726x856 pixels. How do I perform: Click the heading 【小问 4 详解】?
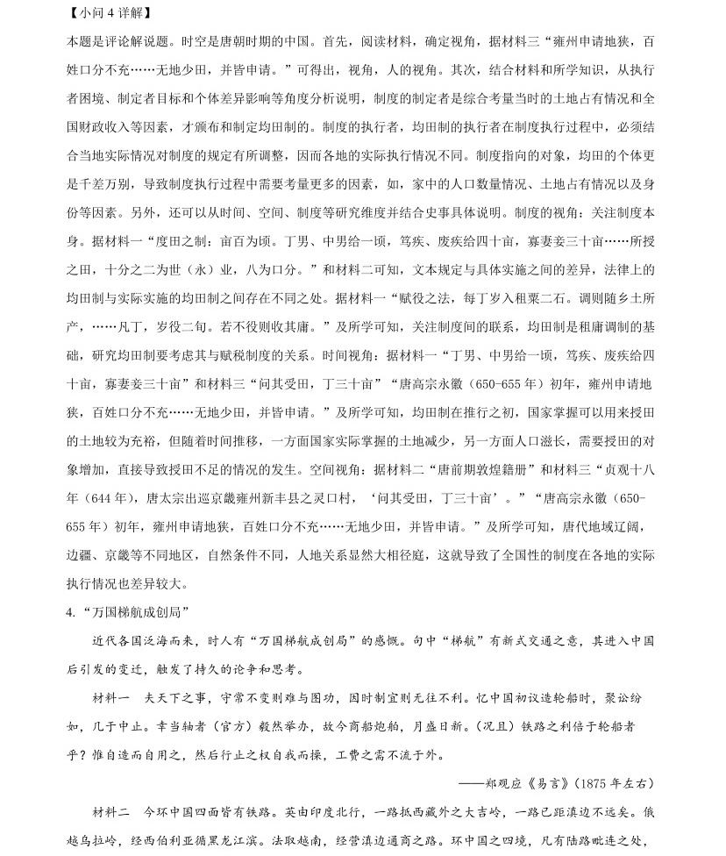[108, 13]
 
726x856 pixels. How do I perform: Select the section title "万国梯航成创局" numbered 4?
[130, 611]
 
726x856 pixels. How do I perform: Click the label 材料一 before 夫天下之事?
[111, 698]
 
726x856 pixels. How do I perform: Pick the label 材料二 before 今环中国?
[111, 812]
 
